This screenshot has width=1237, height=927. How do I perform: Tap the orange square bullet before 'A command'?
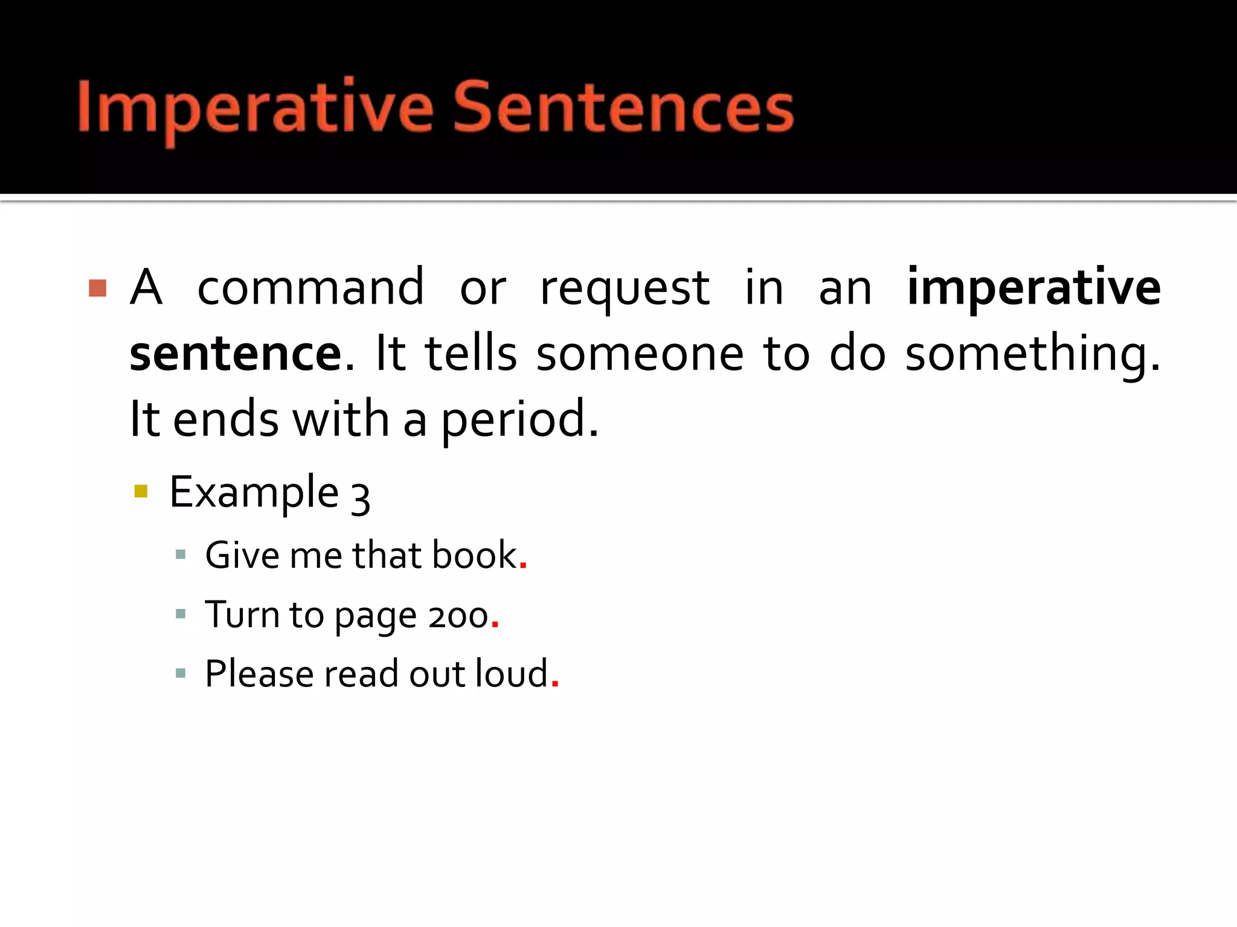click(x=97, y=288)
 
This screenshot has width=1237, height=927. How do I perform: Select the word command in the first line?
click(x=310, y=287)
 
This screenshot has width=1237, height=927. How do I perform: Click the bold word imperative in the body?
click(x=1033, y=287)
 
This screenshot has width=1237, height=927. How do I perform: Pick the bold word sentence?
click(x=236, y=354)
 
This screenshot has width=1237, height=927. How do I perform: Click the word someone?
click(x=640, y=354)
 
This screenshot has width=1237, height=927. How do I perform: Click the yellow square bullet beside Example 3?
click(x=141, y=491)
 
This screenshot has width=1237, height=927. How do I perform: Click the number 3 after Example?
click(x=361, y=497)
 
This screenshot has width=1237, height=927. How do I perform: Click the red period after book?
click(x=523, y=567)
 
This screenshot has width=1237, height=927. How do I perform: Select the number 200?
click(x=458, y=617)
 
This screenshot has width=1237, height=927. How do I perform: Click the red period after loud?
click(x=555, y=685)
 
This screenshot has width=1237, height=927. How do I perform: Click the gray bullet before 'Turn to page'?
click(x=180, y=614)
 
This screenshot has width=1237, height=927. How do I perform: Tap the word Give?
click(x=243, y=555)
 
